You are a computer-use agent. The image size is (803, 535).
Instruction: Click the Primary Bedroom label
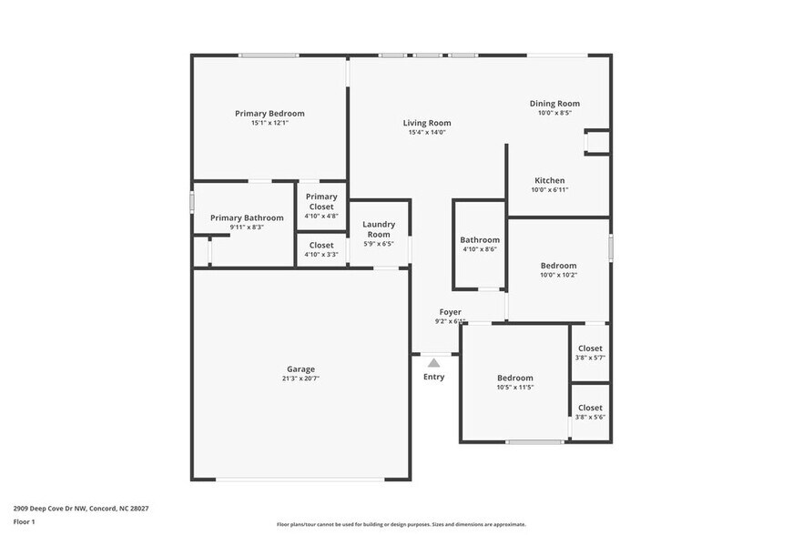pyautogui.click(x=269, y=114)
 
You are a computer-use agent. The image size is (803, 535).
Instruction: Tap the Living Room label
pyautogui.click(x=427, y=123)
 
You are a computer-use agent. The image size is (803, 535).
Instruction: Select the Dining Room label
pyautogui.click(x=554, y=104)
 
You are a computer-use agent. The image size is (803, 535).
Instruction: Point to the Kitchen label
pyautogui.click(x=549, y=180)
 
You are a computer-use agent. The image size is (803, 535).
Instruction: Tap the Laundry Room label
pyautogui.click(x=378, y=229)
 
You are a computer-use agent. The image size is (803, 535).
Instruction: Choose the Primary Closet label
pyautogui.click(x=321, y=202)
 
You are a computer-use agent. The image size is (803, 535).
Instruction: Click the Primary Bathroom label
pyautogui.click(x=247, y=217)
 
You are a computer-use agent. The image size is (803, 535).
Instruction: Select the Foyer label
pyautogui.click(x=450, y=312)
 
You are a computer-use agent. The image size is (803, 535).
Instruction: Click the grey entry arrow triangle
pyautogui.click(x=433, y=362)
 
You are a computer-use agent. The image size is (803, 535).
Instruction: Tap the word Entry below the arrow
pyautogui.click(x=433, y=377)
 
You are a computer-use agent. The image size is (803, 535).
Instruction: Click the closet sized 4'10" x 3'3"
pyautogui.click(x=321, y=249)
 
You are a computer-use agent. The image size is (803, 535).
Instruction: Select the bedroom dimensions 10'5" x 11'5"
pyautogui.click(x=514, y=387)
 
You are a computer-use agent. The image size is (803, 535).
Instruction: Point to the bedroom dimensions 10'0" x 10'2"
pyautogui.click(x=558, y=275)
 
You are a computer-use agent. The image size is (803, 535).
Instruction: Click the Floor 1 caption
pyautogui.click(x=25, y=521)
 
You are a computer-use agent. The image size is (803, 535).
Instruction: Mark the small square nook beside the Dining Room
pyautogui.click(x=597, y=143)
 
